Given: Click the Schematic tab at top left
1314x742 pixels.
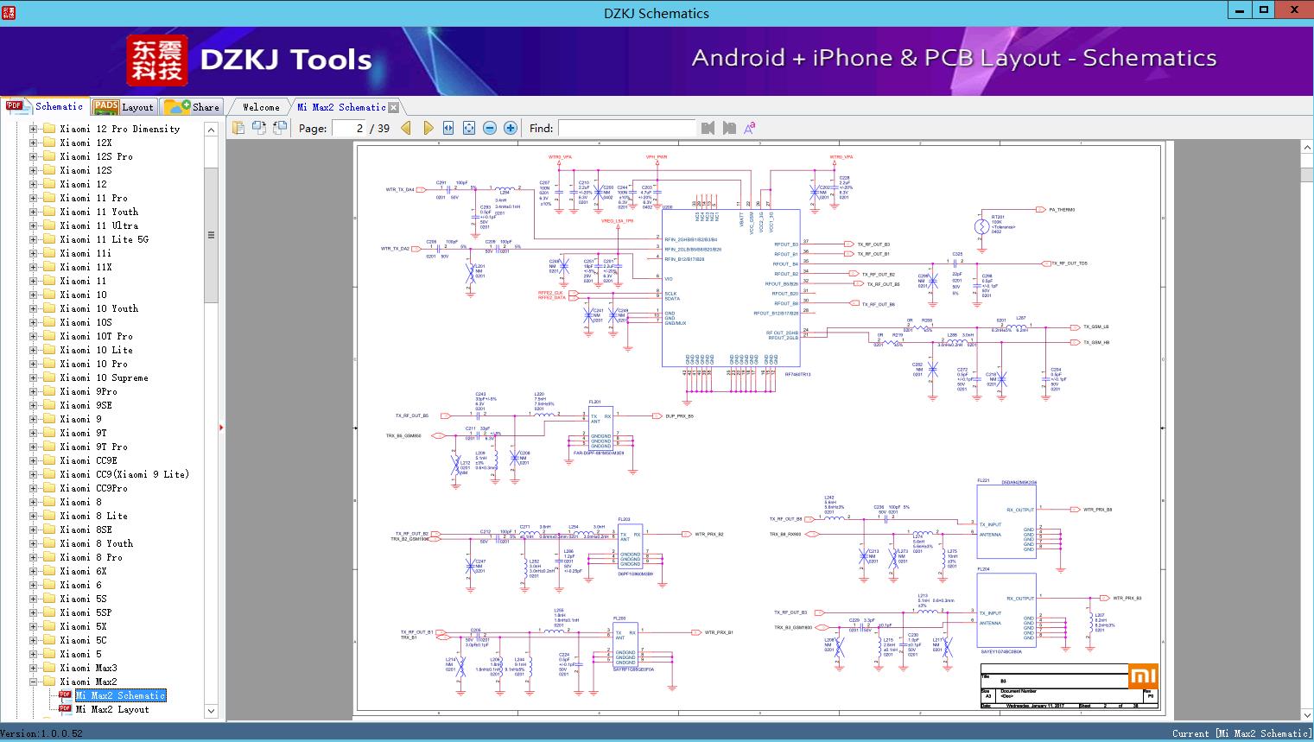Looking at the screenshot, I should click(47, 106).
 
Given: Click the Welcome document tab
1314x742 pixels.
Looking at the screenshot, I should click(261, 107).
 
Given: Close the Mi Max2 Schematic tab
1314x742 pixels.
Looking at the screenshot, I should click(394, 107).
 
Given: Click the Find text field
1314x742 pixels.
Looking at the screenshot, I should click(626, 128).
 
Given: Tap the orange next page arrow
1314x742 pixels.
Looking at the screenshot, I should click(428, 128).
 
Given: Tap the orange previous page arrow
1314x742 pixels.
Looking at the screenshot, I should click(406, 128).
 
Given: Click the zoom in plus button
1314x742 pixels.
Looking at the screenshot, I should click(511, 128).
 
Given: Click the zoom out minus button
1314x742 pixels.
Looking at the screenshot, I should click(490, 128).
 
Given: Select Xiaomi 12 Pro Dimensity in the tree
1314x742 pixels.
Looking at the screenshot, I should click(120, 129).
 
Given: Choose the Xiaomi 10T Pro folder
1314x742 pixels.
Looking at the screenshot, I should click(96, 336).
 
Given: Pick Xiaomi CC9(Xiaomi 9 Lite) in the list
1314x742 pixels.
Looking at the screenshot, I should click(124, 474).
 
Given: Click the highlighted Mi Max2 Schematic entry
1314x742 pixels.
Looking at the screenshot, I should click(120, 695).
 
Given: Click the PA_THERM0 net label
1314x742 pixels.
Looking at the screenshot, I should click(1063, 209).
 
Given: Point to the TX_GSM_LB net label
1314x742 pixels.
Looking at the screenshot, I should click(1095, 327).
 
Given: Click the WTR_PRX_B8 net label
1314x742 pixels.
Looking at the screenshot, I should click(1098, 510).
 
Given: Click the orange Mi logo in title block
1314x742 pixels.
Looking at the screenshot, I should click(1142, 676).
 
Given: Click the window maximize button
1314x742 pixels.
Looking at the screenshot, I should click(1264, 10).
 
